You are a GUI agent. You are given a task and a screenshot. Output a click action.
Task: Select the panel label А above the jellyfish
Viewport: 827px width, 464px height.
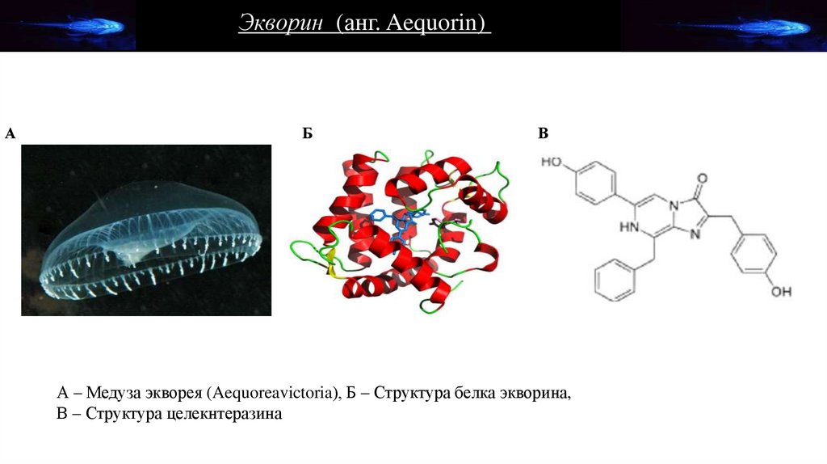click(10, 133)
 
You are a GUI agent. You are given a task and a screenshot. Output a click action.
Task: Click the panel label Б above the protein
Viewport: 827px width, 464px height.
click(308, 133)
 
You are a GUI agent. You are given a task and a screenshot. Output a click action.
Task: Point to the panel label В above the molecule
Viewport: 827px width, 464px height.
click(544, 133)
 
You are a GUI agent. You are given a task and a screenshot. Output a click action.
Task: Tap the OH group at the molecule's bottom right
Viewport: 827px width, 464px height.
click(780, 290)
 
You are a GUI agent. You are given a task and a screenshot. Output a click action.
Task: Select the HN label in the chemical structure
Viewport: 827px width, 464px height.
click(630, 228)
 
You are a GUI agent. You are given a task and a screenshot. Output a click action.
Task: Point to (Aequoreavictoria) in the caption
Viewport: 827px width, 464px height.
click(270, 394)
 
